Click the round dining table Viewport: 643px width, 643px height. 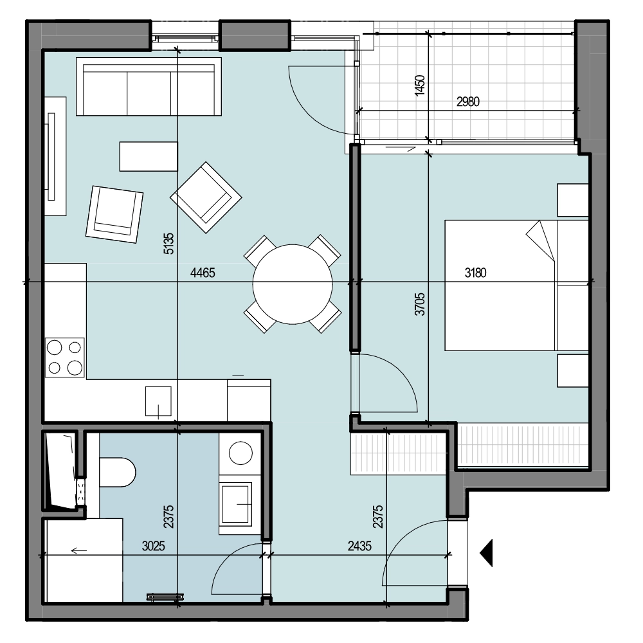pyautogui.click(x=293, y=284)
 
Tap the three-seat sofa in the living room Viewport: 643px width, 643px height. pyautogui.click(x=149, y=87)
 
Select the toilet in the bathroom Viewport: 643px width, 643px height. pyautogui.click(x=117, y=472)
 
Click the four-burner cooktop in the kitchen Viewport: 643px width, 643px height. pyautogui.click(x=65, y=357)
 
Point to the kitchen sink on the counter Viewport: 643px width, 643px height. pyautogui.click(x=158, y=401)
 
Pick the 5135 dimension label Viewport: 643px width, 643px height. pyautogui.click(x=168, y=244)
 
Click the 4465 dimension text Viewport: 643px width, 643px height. pyautogui.click(x=203, y=273)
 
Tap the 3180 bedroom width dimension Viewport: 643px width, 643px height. pyautogui.click(x=475, y=273)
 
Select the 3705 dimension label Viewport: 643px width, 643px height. pyautogui.click(x=420, y=304)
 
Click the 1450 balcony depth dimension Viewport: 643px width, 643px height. pyautogui.click(x=420, y=86)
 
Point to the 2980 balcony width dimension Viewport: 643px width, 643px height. pyautogui.click(x=468, y=102)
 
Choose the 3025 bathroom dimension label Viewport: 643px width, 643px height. pyautogui.click(x=154, y=546)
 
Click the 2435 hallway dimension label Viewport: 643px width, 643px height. pyautogui.click(x=359, y=546)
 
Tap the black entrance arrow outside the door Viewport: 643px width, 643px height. pyautogui.click(x=487, y=553)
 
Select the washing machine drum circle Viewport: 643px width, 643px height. pyautogui.click(x=240, y=453)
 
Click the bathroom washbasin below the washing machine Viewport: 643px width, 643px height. pyautogui.click(x=236, y=505)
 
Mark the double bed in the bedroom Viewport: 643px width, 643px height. pyautogui.click(x=517, y=285)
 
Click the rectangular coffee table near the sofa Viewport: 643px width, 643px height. pyautogui.click(x=149, y=156)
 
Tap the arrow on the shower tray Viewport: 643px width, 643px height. pyautogui.click(x=78, y=550)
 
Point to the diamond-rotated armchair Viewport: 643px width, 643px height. pyautogui.click(x=206, y=197)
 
